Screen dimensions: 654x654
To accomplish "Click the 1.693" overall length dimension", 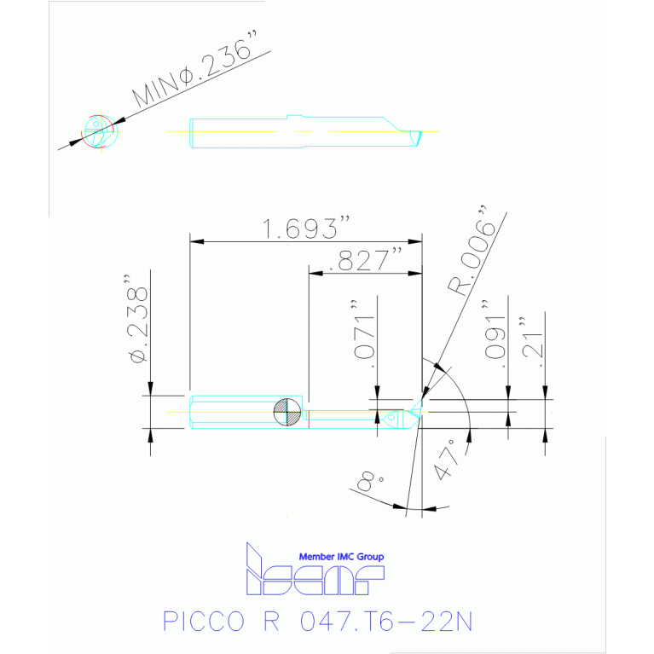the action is click(306, 228).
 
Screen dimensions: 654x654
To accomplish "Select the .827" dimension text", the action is click(366, 260).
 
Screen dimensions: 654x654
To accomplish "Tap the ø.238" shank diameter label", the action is click(137, 319).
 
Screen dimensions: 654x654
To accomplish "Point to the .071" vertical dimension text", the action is click(363, 333).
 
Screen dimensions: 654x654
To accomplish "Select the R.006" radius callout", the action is click(472, 252).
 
